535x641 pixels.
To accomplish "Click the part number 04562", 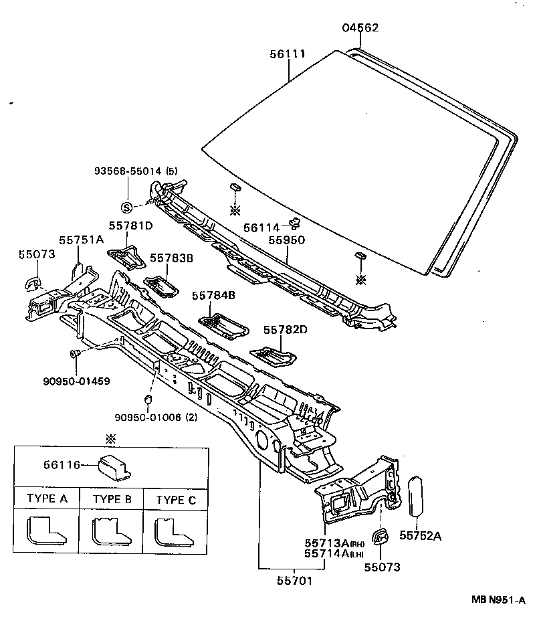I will click(x=360, y=27).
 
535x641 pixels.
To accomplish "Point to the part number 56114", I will click(x=263, y=227).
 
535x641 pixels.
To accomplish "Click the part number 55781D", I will click(x=131, y=225).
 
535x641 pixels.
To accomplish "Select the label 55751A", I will click(x=81, y=239).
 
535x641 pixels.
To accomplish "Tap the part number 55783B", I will click(x=171, y=258).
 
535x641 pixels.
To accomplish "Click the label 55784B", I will click(x=214, y=295).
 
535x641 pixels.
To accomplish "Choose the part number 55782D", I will click(x=285, y=330).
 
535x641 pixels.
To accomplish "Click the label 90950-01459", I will click(x=76, y=381).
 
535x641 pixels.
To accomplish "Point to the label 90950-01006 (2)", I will click(x=155, y=417).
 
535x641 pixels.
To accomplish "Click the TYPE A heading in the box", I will click(x=47, y=498).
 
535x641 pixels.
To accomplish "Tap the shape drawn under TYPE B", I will click(x=110, y=533).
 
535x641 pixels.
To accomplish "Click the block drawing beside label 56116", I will click(x=114, y=467).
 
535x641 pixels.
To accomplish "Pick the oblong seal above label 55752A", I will click(x=415, y=496).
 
